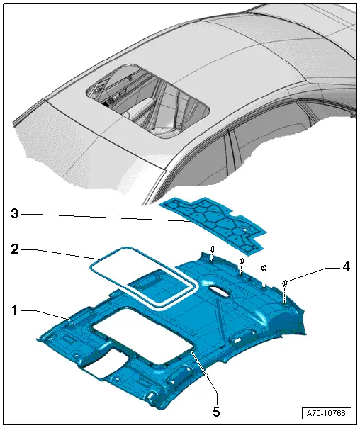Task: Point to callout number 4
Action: click(346, 267)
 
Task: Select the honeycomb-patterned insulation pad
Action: click(213, 224)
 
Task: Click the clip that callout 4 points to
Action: click(284, 284)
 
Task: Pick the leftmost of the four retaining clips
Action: click(212, 249)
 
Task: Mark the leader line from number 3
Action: click(106, 215)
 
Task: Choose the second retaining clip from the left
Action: click(241, 261)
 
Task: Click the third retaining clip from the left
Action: click(264, 269)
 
